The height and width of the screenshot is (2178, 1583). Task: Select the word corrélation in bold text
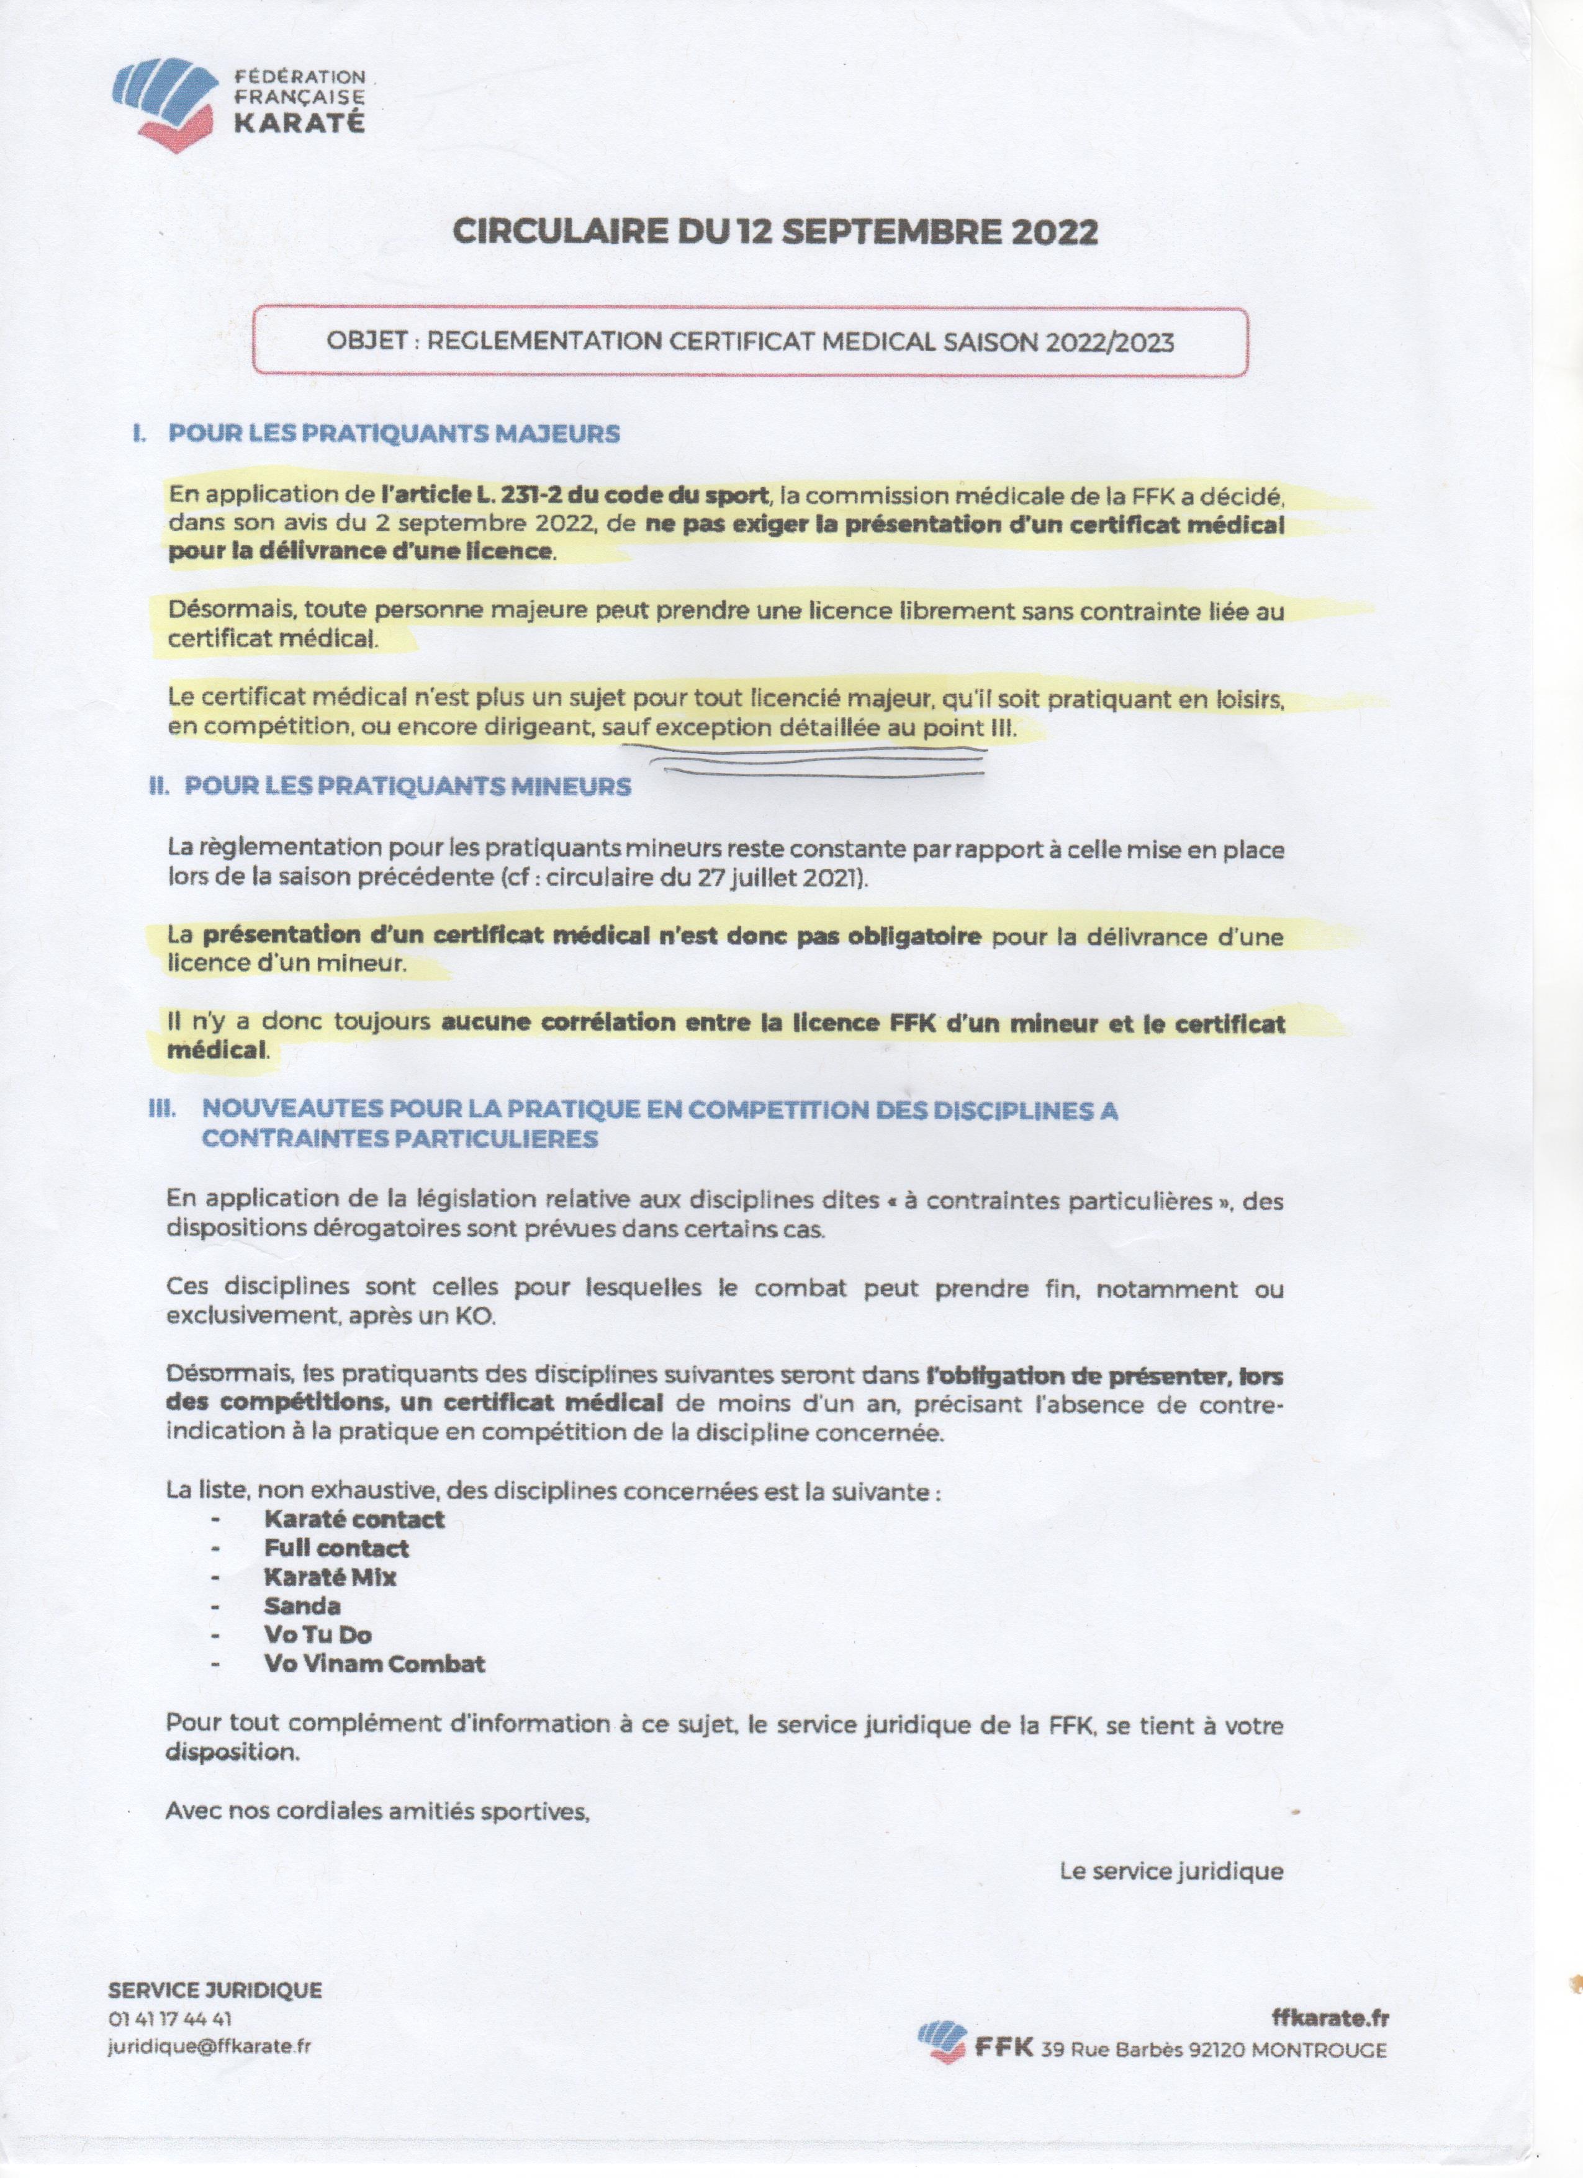click(609, 1023)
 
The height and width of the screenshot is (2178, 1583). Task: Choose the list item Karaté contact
click(354, 1519)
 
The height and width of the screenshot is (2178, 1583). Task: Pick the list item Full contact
click(336, 1548)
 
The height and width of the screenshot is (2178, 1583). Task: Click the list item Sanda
click(302, 1606)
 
